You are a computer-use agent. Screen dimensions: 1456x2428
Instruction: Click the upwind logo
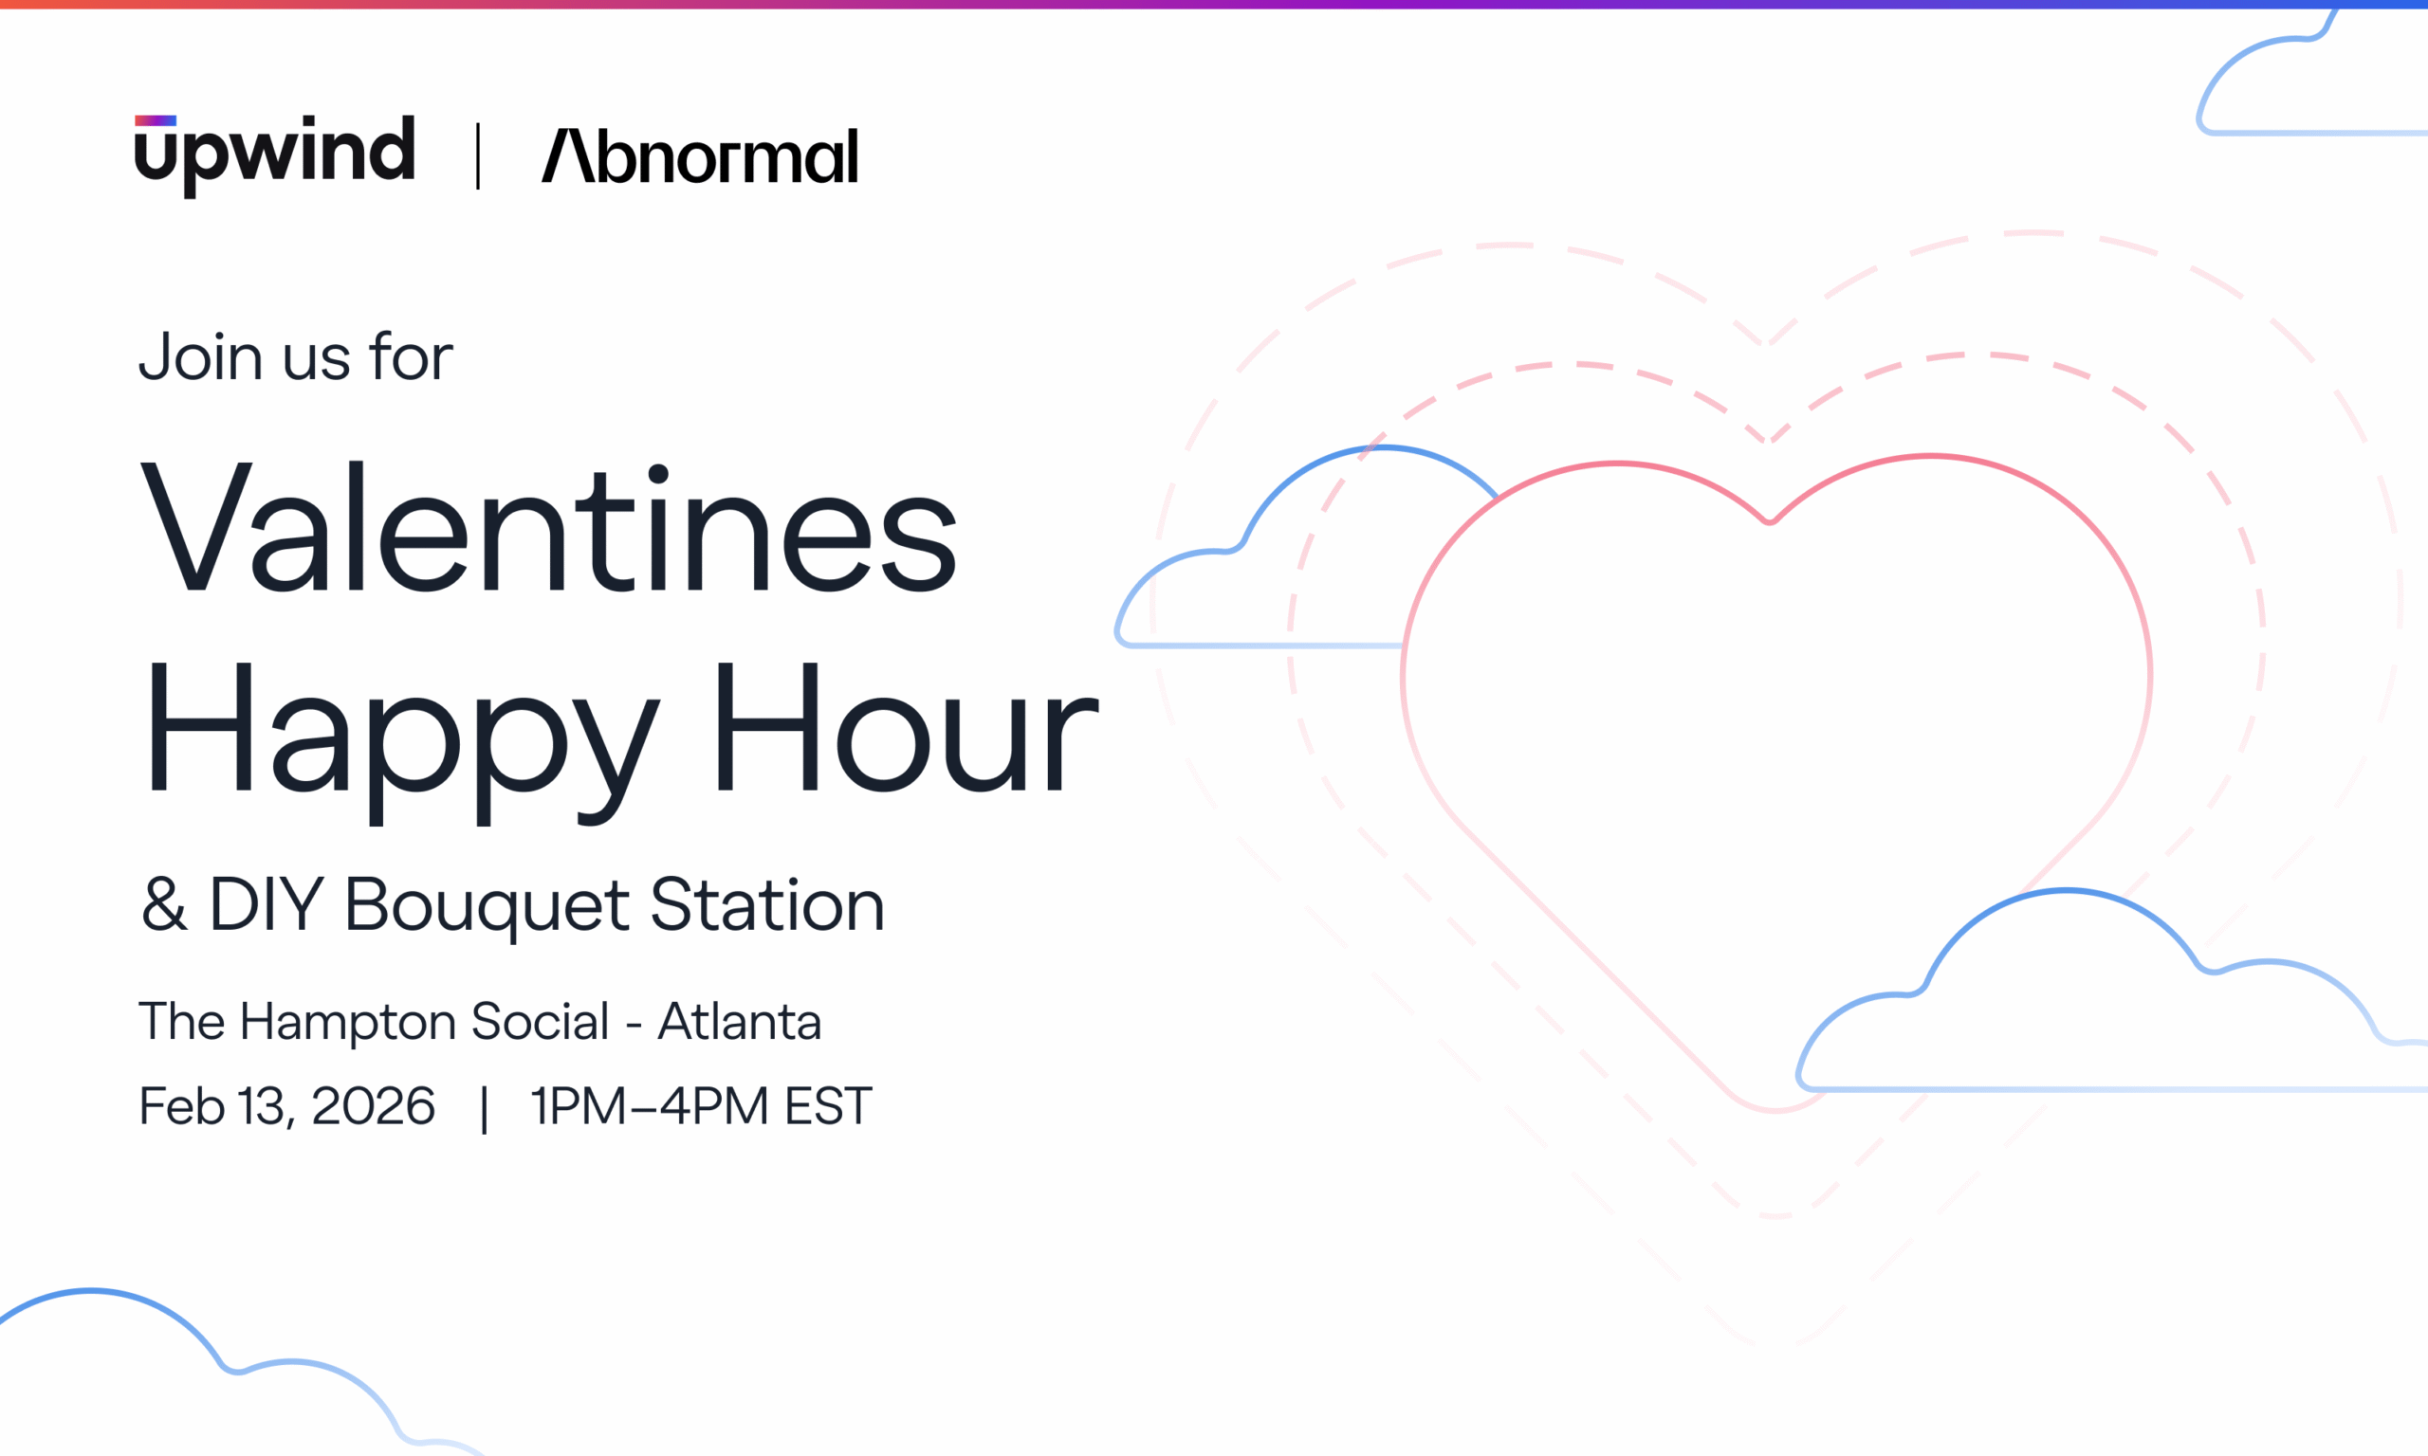275,155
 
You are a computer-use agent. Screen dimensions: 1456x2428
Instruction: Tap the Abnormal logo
700,157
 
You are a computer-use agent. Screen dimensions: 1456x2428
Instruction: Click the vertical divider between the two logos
478,156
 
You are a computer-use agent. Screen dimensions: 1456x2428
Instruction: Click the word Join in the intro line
200,357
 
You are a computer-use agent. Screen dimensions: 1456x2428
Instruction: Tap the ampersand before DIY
165,904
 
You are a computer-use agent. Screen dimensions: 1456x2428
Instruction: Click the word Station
767,904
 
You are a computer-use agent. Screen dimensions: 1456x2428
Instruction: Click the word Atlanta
739,1021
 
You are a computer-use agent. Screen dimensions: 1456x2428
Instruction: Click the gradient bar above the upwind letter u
155,120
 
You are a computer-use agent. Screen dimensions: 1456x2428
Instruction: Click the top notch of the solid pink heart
1770,521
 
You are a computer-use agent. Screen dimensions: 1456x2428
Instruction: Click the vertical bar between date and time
484,1109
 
